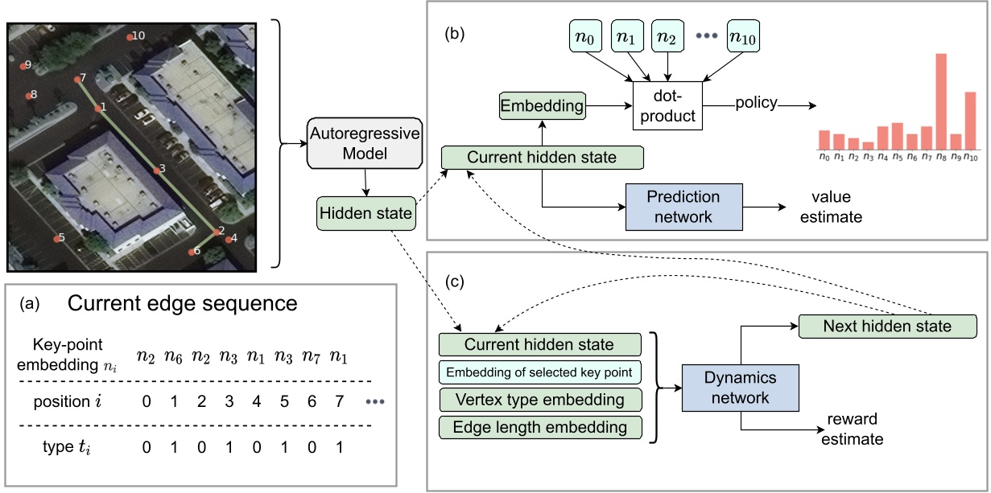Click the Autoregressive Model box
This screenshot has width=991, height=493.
click(365, 143)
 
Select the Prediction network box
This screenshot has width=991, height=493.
click(683, 207)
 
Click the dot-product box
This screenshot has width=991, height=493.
click(667, 105)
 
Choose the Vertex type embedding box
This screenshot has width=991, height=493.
click(540, 400)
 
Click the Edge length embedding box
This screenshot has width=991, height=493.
click(540, 427)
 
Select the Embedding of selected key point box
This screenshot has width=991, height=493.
click(540, 372)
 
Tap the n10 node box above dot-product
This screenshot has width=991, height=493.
click(744, 37)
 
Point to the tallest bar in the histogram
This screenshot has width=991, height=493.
click(940, 101)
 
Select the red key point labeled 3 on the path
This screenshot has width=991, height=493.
click(157, 170)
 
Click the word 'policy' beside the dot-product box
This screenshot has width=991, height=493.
click(755, 103)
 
